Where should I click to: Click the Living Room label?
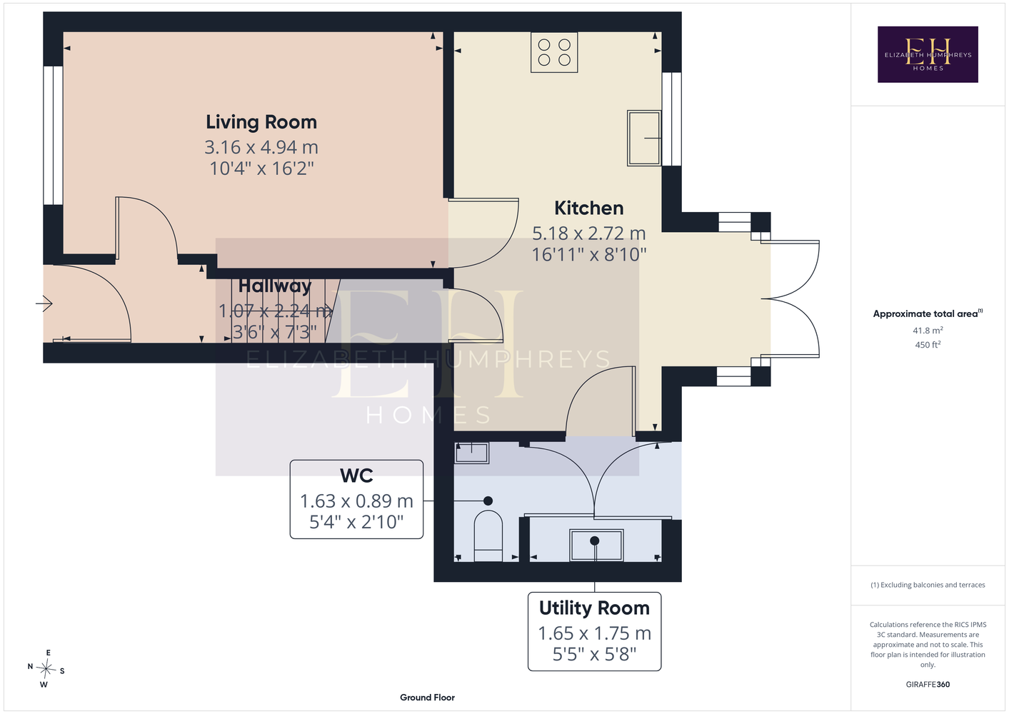pyautogui.click(x=261, y=122)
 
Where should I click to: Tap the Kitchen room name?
pyautogui.click(x=588, y=208)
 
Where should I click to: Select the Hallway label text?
pyautogui.click(x=275, y=286)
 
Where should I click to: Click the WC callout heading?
pyautogui.click(x=356, y=476)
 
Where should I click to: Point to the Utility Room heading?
pyautogui.click(x=594, y=608)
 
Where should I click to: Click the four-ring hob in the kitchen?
pyautogui.click(x=554, y=52)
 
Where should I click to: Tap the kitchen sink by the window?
pyautogui.click(x=644, y=138)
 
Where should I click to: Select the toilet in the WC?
pyautogui.click(x=488, y=535)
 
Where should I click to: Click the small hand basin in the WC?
pyautogui.click(x=471, y=453)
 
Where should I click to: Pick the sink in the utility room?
pyautogui.click(x=596, y=545)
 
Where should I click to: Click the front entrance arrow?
pyautogui.click(x=44, y=303)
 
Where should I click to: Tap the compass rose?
pyautogui.click(x=46, y=669)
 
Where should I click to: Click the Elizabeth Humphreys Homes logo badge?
pyautogui.click(x=928, y=54)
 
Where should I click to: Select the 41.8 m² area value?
pyautogui.click(x=928, y=330)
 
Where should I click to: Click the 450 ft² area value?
pyautogui.click(x=928, y=345)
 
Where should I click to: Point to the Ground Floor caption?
pyautogui.click(x=427, y=698)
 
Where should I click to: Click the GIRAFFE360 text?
pyautogui.click(x=928, y=684)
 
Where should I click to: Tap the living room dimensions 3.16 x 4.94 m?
pyautogui.click(x=261, y=147)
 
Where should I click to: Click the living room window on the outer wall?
pyautogui.click(x=53, y=136)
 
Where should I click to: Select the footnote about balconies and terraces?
pyautogui.click(x=928, y=585)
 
